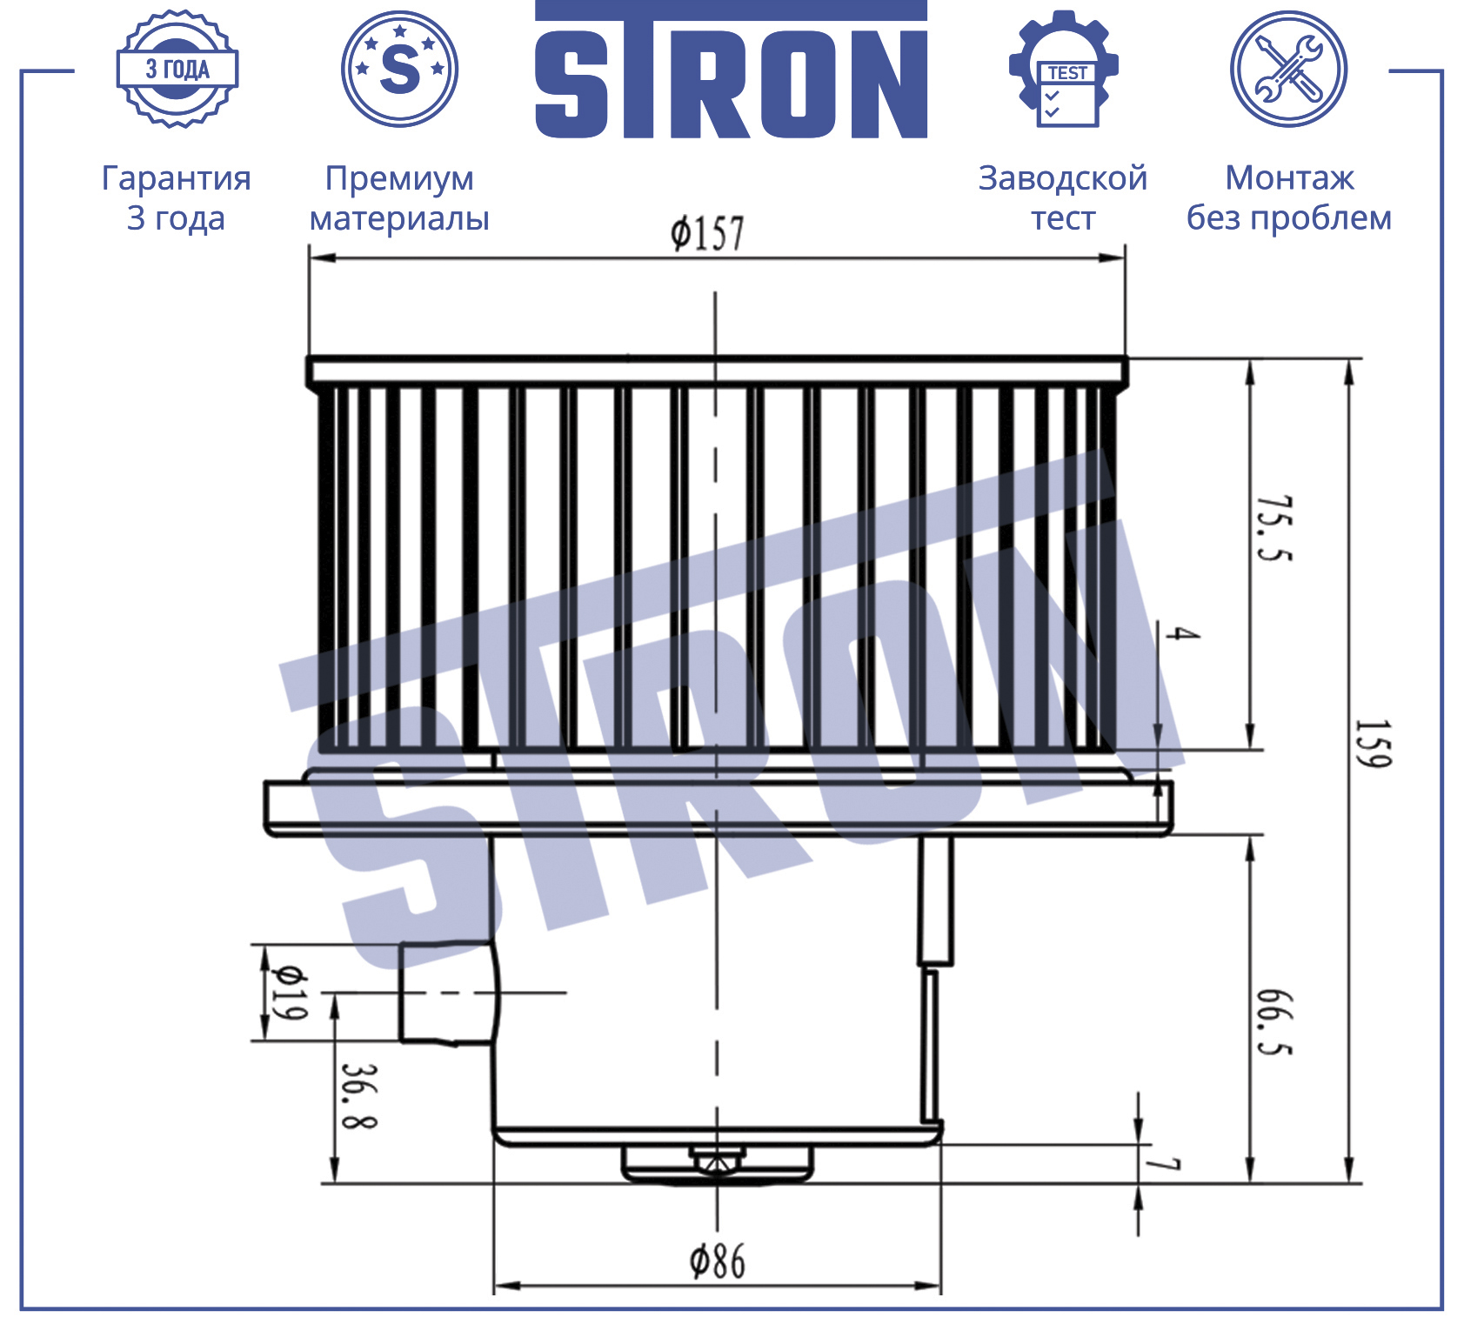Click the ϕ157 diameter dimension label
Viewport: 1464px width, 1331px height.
coord(707,233)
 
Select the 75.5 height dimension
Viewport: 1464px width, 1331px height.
coord(1275,529)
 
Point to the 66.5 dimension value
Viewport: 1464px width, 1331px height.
coord(1275,1022)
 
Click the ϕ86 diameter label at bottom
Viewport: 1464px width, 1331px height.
coord(718,1261)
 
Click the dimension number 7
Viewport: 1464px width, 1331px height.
coord(1162,1164)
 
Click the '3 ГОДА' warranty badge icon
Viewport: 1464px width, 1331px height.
coord(177,70)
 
